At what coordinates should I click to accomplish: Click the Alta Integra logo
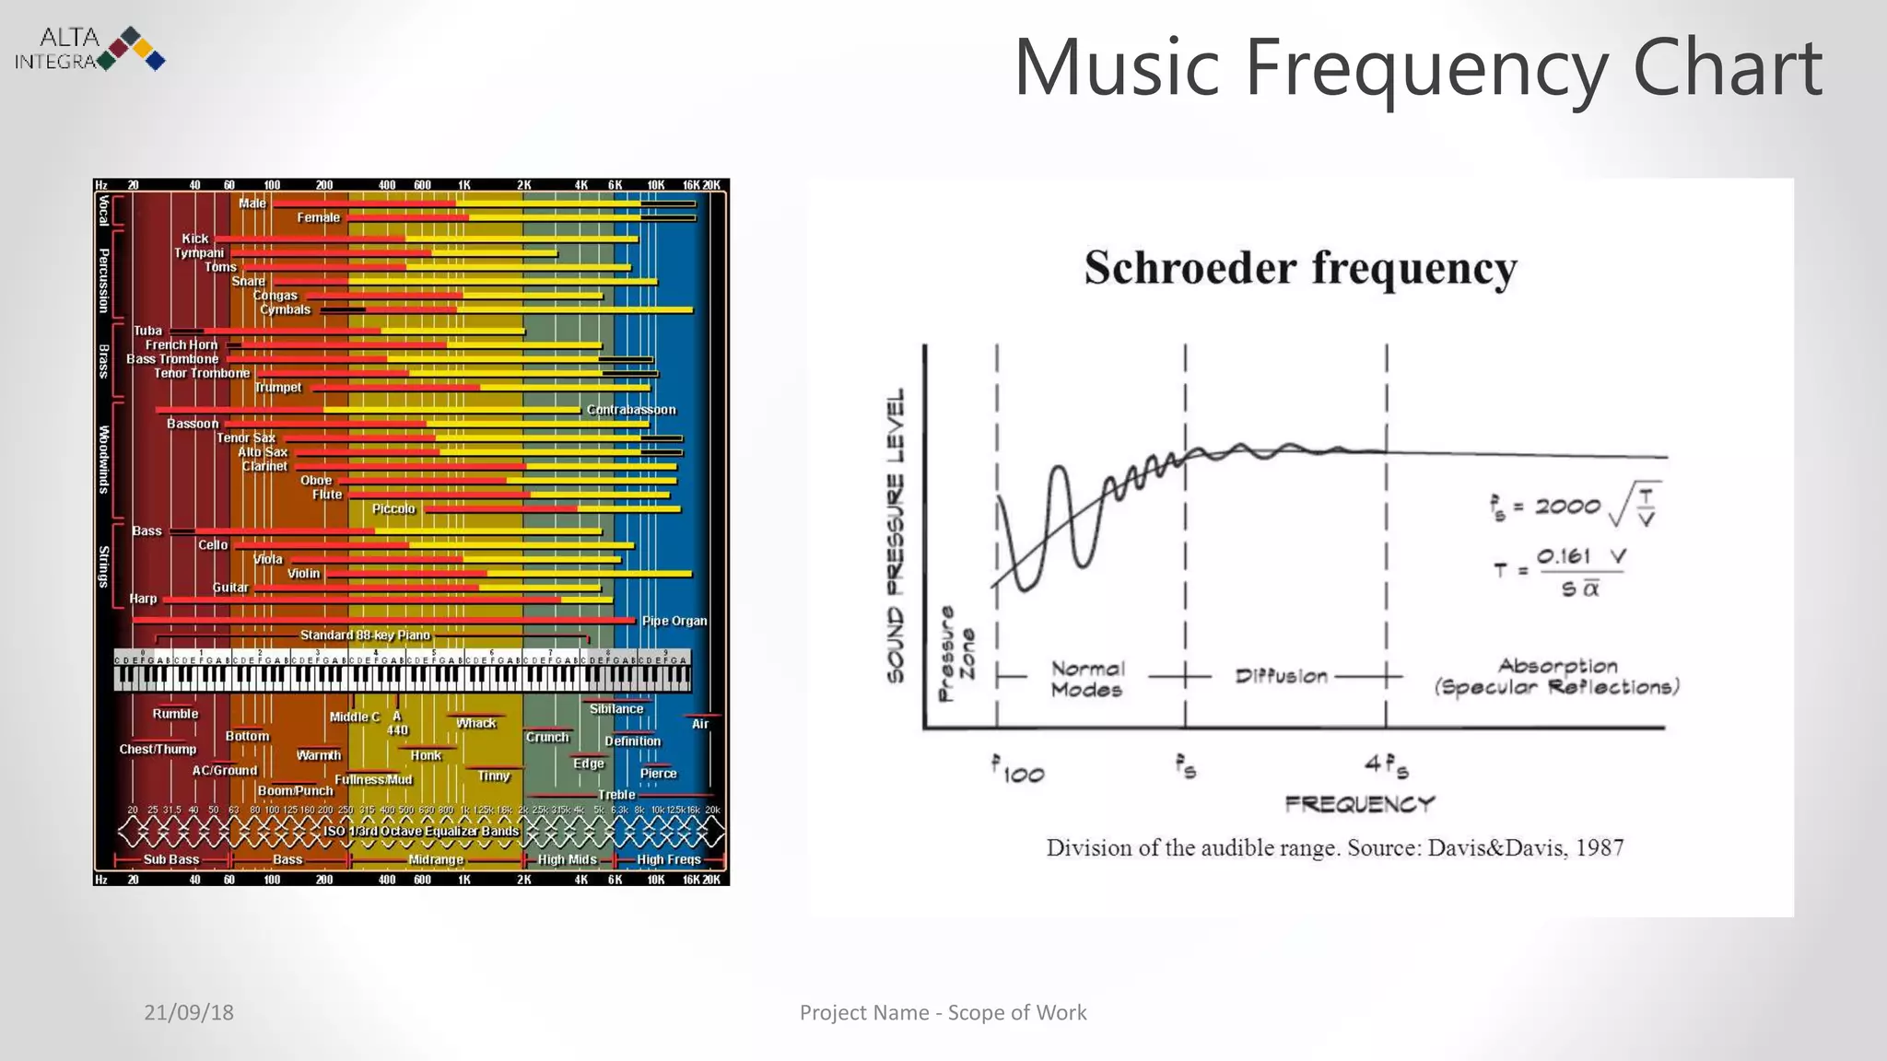click(90, 49)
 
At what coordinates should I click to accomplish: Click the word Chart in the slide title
click(1726, 68)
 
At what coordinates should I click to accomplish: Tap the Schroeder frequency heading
click(1299, 268)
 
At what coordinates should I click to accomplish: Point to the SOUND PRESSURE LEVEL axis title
click(896, 535)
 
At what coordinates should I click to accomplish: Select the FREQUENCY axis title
click(1360, 804)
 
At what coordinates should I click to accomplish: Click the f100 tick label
click(1018, 770)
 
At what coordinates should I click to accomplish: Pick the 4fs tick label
click(1386, 766)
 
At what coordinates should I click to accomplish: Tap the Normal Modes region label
click(1087, 679)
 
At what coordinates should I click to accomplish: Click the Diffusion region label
click(1281, 677)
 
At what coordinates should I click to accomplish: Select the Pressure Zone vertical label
click(956, 654)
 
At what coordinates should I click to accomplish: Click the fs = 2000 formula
click(1576, 505)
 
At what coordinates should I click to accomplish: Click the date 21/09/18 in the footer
click(189, 1012)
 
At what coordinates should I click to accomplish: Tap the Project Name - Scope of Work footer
click(943, 1012)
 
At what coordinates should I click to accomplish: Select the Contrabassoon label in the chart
click(631, 410)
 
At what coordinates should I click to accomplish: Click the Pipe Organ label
click(674, 621)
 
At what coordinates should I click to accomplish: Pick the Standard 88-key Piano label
click(365, 635)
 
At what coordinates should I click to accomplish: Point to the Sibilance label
click(616, 709)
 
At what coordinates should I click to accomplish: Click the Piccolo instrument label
click(393, 509)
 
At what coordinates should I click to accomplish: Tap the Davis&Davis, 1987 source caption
click(1334, 847)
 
